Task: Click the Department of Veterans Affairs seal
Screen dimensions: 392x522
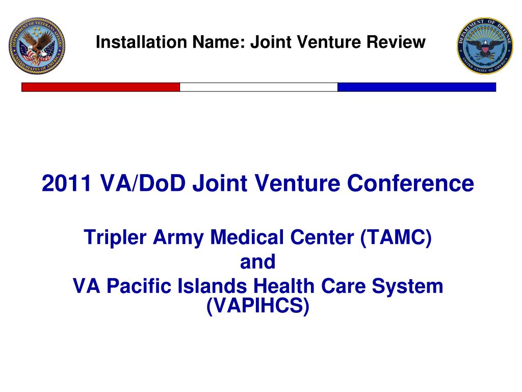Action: pyautogui.click(x=37, y=46)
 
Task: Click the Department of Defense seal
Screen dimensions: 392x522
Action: pyautogui.click(x=485, y=45)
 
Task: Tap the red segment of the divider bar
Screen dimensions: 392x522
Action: pyautogui.click(x=100, y=87)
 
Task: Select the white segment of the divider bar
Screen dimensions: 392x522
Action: pyautogui.click(x=258, y=87)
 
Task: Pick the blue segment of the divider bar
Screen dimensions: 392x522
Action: pyautogui.click(x=416, y=87)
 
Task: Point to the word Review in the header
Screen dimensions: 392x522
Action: pyautogui.click(x=400, y=42)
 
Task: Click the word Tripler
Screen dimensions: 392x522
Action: pyautogui.click(x=112, y=237)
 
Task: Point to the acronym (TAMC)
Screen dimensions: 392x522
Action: pyautogui.click(x=396, y=237)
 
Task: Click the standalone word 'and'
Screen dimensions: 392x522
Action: pyautogui.click(x=257, y=262)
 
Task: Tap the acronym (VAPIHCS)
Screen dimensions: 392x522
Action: pyautogui.click(x=258, y=306)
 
